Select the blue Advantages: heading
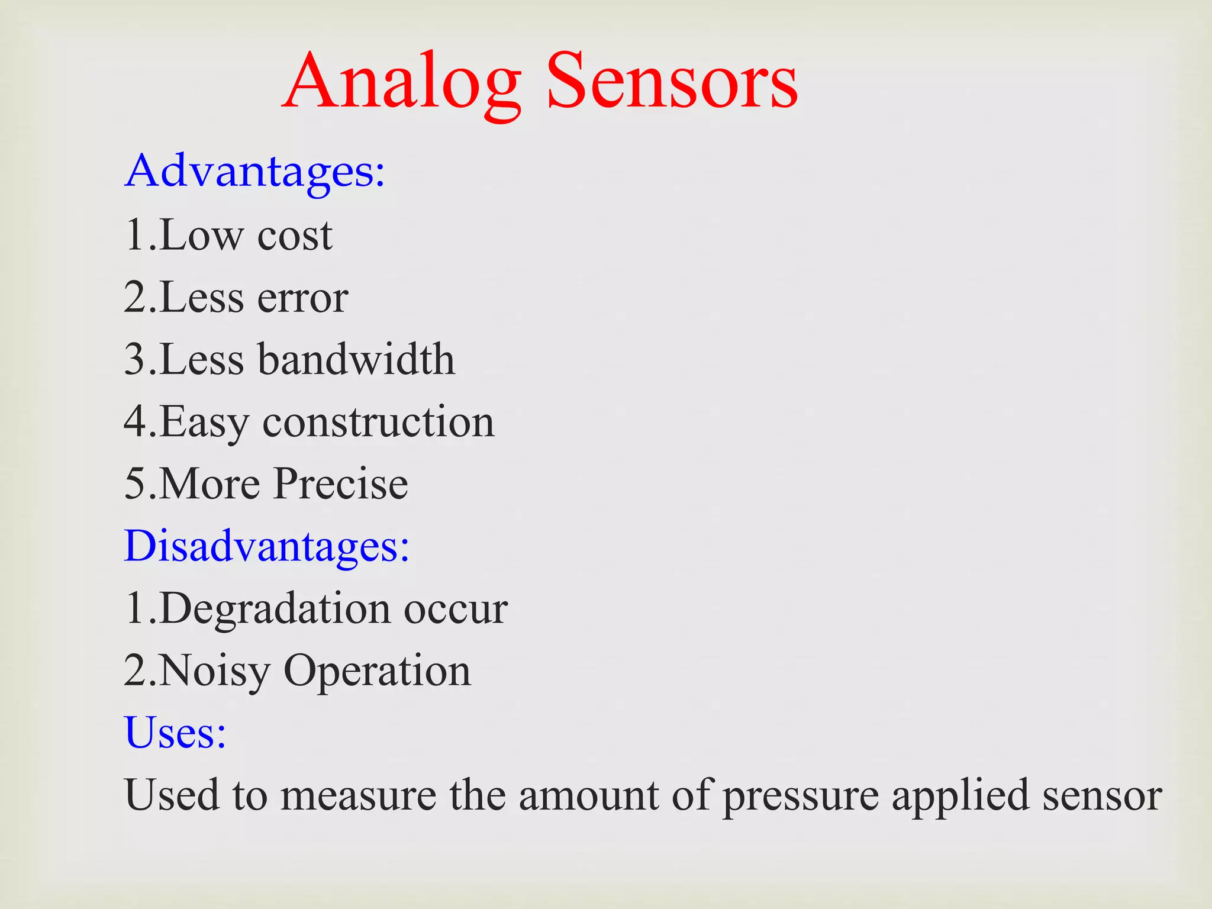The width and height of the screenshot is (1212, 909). click(x=255, y=172)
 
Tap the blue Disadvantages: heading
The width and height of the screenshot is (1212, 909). click(x=266, y=546)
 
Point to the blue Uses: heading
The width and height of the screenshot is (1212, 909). click(x=175, y=733)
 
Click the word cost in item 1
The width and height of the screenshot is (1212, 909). click(x=295, y=236)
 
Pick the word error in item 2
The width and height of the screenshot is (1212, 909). click(x=302, y=298)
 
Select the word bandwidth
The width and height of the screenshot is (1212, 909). click(x=357, y=359)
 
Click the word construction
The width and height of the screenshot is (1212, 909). click(x=378, y=422)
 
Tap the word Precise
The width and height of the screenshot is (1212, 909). click(x=341, y=484)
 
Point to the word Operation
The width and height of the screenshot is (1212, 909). click(x=378, y=672)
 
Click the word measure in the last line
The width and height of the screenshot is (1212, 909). click(x=358, y=796)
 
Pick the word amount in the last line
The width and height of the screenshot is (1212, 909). click(x=589, y=796)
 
